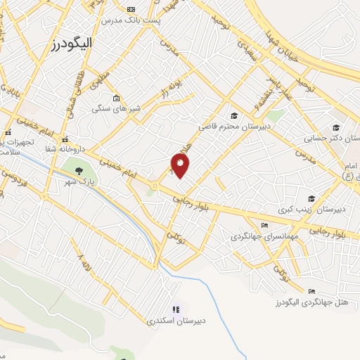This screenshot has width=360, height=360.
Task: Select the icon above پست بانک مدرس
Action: [x=131, y=9]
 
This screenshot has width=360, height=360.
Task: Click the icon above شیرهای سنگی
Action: [x=115, y=98]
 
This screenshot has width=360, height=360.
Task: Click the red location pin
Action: [x=181, y=166]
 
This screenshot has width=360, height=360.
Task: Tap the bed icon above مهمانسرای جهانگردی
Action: [x=264, y=226]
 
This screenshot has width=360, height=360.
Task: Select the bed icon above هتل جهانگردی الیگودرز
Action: [x=312, y=291]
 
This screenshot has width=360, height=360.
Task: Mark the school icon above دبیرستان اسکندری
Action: [x=176, y=309]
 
